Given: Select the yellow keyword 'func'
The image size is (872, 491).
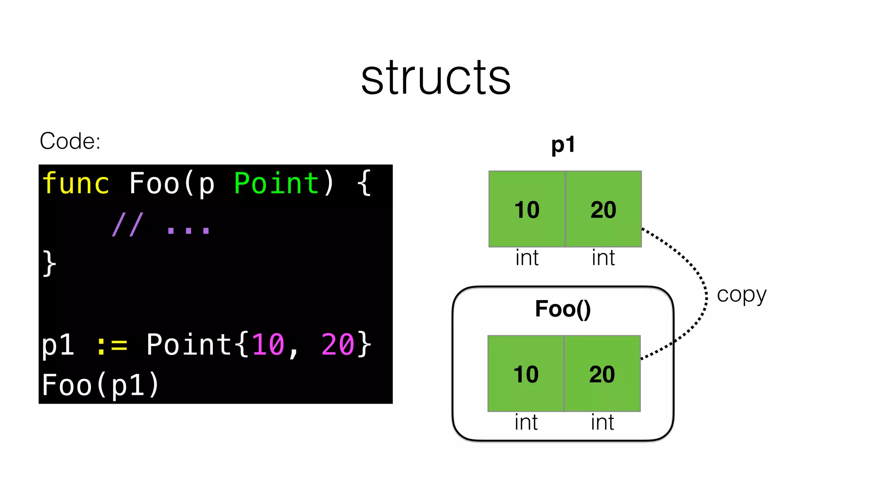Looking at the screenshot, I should (76, 183).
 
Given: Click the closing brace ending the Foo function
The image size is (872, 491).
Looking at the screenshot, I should (49, 263).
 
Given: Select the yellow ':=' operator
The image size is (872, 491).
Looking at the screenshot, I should (112, 345).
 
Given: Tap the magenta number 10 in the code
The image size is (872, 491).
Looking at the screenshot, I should (268, 345).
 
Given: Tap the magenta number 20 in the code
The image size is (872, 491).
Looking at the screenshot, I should (337, 345).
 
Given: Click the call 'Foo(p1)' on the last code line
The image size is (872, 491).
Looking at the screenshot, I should (100, 385).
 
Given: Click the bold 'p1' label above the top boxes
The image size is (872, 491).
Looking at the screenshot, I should (563, 145).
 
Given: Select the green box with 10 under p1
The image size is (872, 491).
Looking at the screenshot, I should (527, 209).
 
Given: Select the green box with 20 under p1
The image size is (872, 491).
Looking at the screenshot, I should (603, 209).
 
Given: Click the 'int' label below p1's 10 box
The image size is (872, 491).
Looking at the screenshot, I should (527, 258).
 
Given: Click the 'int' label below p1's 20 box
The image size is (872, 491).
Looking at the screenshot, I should (603, 258).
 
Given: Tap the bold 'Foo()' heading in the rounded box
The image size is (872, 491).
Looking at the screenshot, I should (563, 309).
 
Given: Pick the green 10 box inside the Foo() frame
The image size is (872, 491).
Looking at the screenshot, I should (526, 374).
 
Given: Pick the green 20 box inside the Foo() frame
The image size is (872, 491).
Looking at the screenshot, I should (602, 374).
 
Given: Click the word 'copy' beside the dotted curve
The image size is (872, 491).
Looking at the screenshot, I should (741, 295).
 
